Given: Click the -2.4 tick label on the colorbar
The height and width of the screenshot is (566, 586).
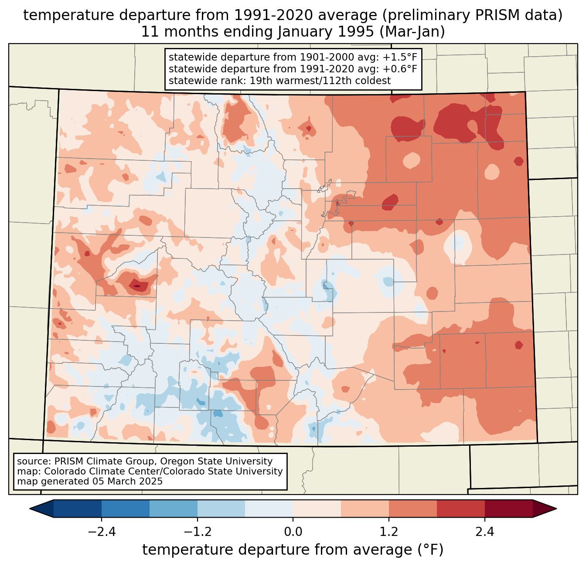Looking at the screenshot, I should [x=102, y=532].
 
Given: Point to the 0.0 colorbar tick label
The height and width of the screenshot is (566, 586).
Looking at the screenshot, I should [x=293, y=532].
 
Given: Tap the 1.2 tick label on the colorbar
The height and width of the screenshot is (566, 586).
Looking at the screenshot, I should [x=389, y=532].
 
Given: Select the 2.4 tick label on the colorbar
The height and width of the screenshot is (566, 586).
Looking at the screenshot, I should [x=484, y=532].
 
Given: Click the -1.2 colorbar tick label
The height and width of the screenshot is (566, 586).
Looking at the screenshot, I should [x=198, y=532].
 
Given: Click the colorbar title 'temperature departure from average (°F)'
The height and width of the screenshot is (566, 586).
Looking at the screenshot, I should [x=293, y=550].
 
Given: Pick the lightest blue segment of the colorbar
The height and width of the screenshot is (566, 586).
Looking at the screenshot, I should [x=269, y=508].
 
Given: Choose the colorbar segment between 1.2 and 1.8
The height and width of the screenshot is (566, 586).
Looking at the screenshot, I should [x=413, y=508].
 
